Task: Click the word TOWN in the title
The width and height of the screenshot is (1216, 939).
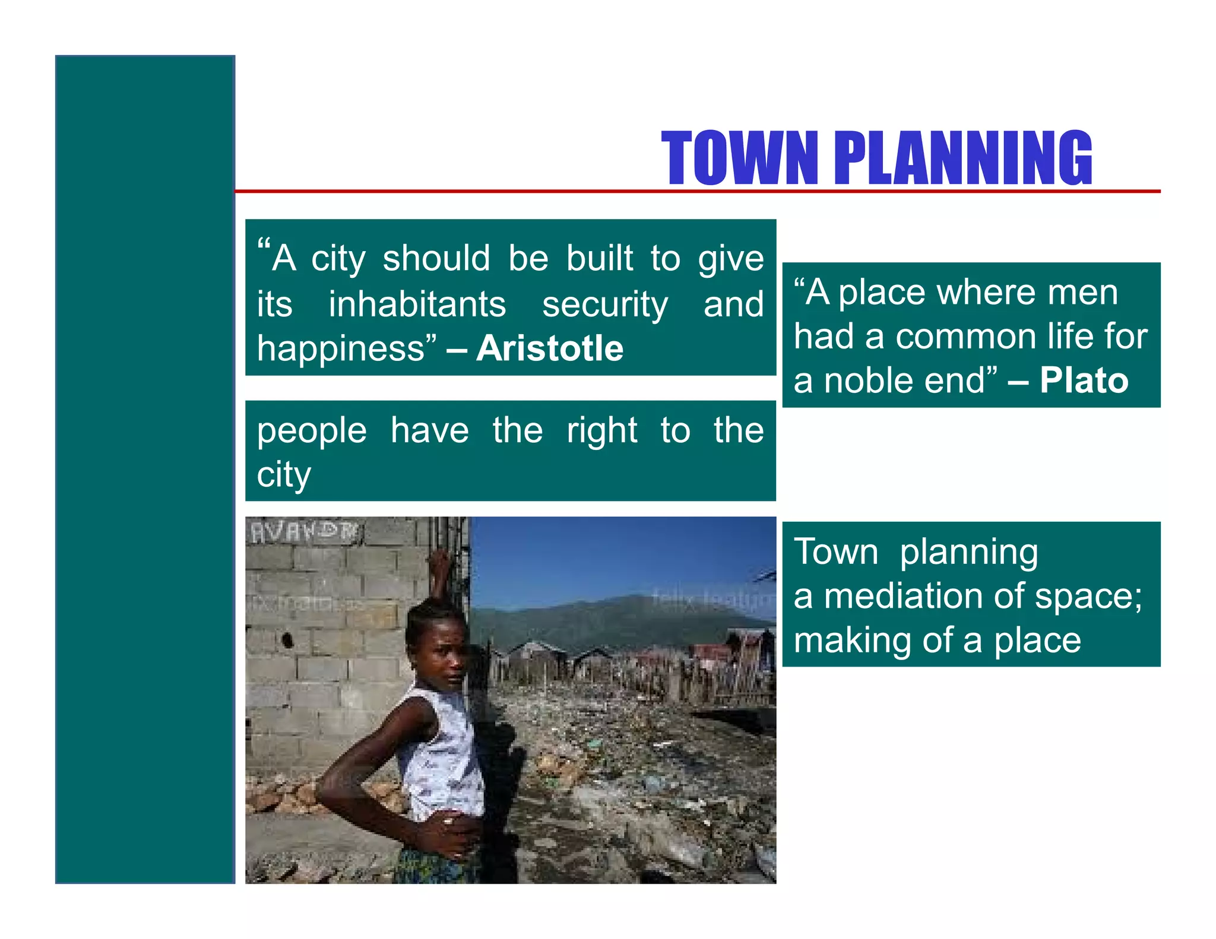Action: point(740,158)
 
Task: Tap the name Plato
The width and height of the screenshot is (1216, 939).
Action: point(1084,380)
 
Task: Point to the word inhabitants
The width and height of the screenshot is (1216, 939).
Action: point(417,304)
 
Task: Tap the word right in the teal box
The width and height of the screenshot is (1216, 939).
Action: point(601,432)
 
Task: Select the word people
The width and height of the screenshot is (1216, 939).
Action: point(312,432)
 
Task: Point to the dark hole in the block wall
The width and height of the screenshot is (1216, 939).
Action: point(288,640)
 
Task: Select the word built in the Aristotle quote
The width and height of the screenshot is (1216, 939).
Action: point(599,259)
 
